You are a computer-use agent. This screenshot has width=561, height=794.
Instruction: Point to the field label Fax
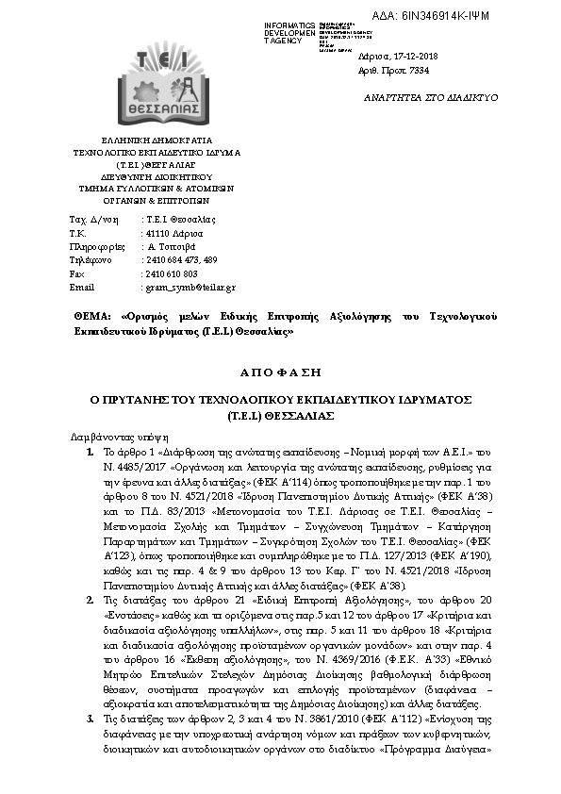77,273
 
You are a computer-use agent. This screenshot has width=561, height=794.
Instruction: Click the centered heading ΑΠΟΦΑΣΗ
280,372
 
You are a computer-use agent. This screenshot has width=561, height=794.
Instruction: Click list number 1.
90,453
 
